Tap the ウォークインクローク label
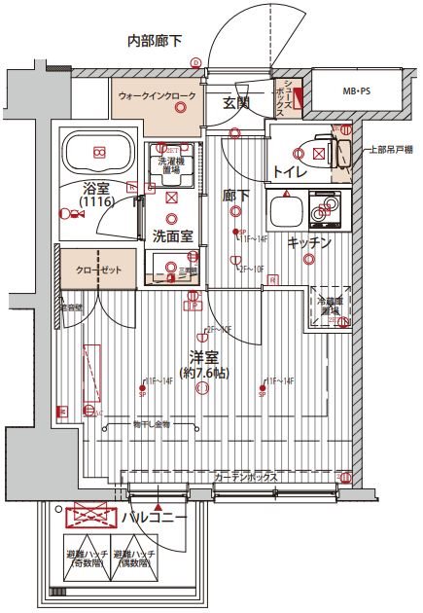pyautogui.click(x=157, y=97)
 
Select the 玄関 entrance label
pyautogui.click(x=237, y=102)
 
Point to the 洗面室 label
pyautogui.click(x=171, y=234)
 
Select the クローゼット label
pyautogui.click(x=99, y=269)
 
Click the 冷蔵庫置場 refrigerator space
pyautogui.click(x=331, y=307)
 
